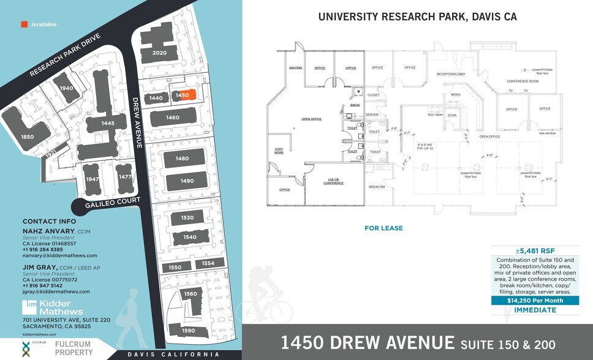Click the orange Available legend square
coord(24,24)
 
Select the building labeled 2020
coord(159,53)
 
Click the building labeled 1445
coord(108,123)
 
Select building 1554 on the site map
coord(208,263)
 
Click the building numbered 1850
coord(27,136)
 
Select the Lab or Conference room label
coord(333,181)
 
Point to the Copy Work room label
coord(279,151)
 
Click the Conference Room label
coord(522,81)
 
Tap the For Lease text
coord(383,228)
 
